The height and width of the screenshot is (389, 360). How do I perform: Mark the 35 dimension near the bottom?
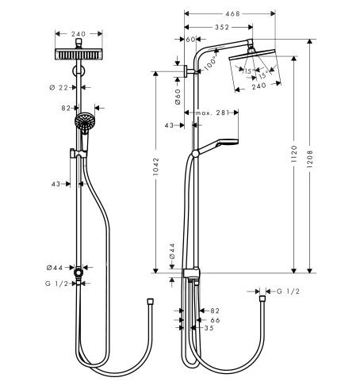pos(209,328)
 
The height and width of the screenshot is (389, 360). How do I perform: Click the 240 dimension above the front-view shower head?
pos(77,34)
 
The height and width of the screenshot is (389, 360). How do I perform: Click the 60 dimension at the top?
pos(191,38)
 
